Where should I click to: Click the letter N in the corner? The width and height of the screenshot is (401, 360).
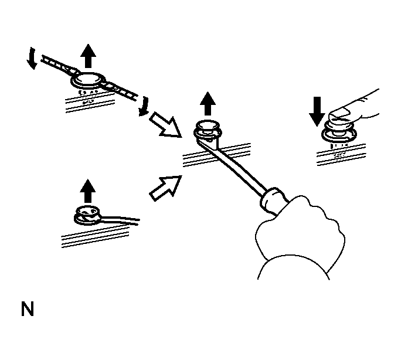coord(27,310)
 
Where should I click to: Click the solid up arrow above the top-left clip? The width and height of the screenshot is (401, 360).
coord(88,57)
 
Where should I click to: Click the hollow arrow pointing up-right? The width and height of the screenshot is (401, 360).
coord(162,186)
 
